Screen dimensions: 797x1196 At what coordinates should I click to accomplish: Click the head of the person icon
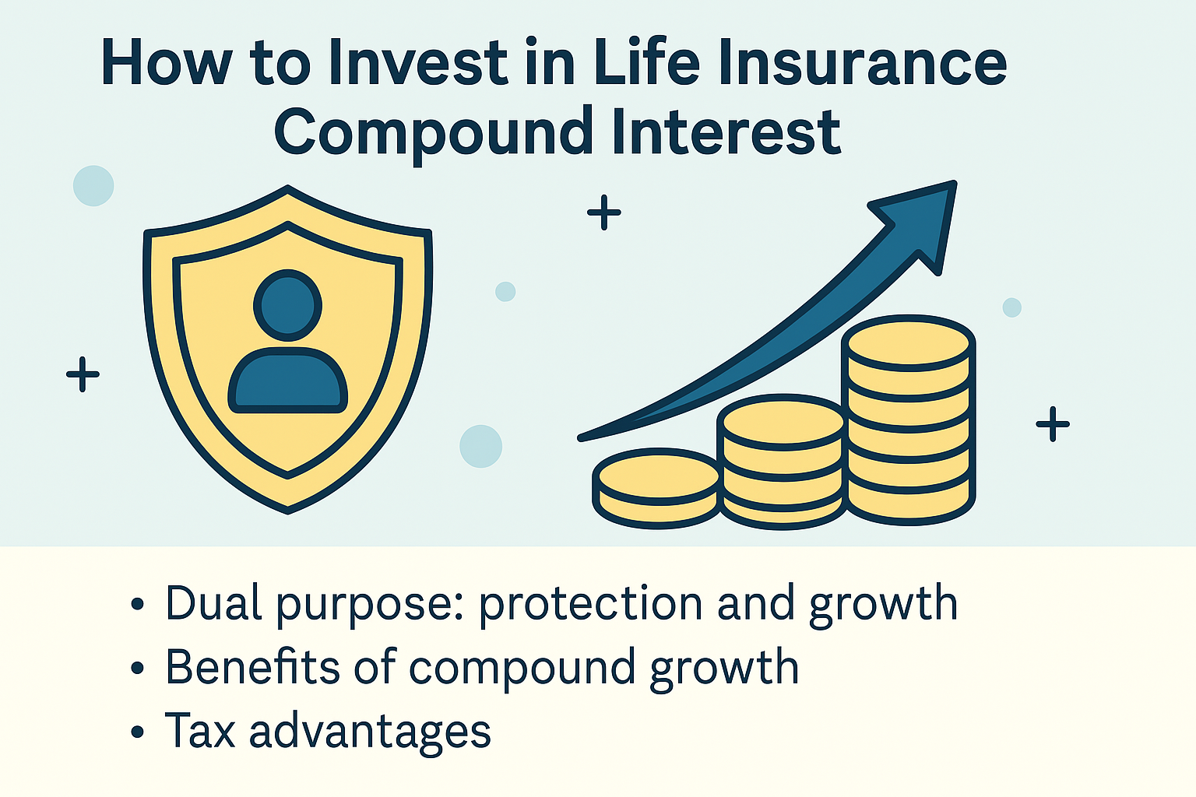(287, 305)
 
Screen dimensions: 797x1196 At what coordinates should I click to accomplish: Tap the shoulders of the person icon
(287, 381)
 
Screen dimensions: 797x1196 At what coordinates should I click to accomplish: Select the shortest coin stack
(656, 487)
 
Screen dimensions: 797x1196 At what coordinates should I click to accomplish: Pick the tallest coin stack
(909, 420)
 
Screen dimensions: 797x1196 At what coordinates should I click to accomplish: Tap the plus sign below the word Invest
(603, 212)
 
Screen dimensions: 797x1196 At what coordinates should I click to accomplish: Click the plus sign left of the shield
(83, 374)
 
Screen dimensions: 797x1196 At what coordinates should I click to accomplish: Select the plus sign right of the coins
(1053, 424)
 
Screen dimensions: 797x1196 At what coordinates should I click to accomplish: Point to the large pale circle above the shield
(93, 186)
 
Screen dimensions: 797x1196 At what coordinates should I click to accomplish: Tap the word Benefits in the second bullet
(254, 668)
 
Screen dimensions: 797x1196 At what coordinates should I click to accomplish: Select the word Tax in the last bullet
(199, 731)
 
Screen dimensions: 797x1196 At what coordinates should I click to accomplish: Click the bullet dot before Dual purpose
(138, 605)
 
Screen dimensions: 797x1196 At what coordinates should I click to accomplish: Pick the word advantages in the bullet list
(370, 732)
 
